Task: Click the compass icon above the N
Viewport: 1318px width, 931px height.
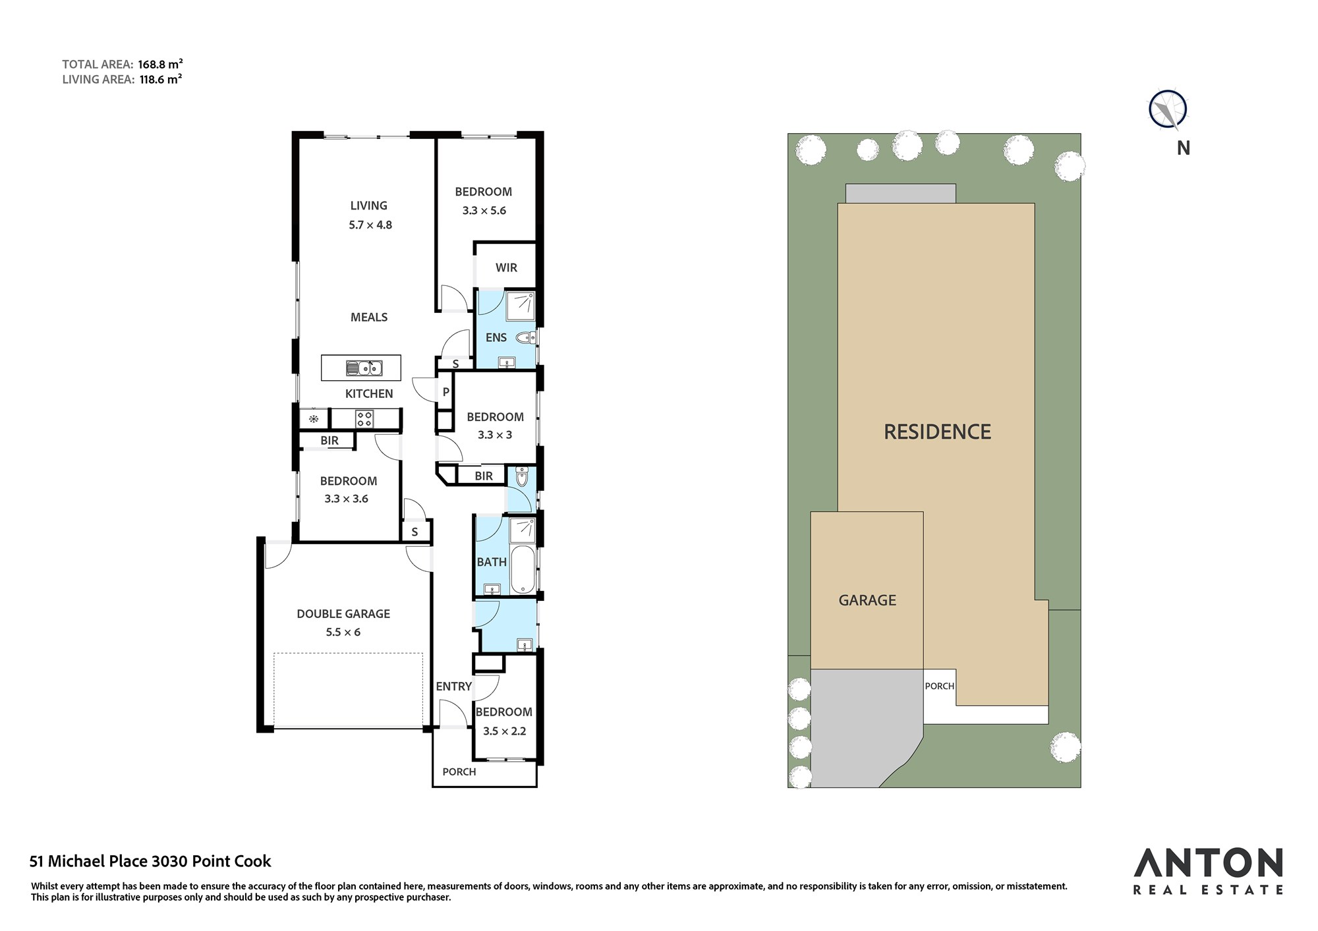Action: tap(1168, 109)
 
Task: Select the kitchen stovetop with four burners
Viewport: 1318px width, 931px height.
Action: tap(364, 418)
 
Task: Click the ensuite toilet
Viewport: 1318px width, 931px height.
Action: tap(526, 338)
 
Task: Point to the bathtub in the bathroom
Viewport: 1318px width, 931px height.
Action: tap(523, 569)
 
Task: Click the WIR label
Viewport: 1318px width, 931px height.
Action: tap(506, 268)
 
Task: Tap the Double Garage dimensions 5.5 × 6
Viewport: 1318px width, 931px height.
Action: tap(343, 632)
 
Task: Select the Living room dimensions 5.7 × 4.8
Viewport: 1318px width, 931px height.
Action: tap(370, 225)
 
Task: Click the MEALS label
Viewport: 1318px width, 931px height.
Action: tap(369, 317)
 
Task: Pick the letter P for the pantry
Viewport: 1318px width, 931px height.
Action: tap(446, 392)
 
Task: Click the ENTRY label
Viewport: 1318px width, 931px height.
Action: tap(453, 687)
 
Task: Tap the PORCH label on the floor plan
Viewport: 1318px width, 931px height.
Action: tap(459, 772)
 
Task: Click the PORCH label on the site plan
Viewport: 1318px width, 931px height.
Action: tap(939, 686)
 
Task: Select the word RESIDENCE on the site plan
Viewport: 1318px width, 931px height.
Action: tap(937, 432)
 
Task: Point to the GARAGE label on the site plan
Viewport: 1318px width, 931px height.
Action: tap(867, 600)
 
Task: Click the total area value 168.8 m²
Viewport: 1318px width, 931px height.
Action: tap(160, 64)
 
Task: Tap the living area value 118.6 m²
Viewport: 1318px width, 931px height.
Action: tap(160, 79)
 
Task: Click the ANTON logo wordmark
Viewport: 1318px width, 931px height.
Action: tap(1208, 863)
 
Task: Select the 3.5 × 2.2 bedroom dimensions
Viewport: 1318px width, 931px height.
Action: tap(504, 731)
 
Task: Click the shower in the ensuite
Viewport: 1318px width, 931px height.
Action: tap(520, 305)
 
